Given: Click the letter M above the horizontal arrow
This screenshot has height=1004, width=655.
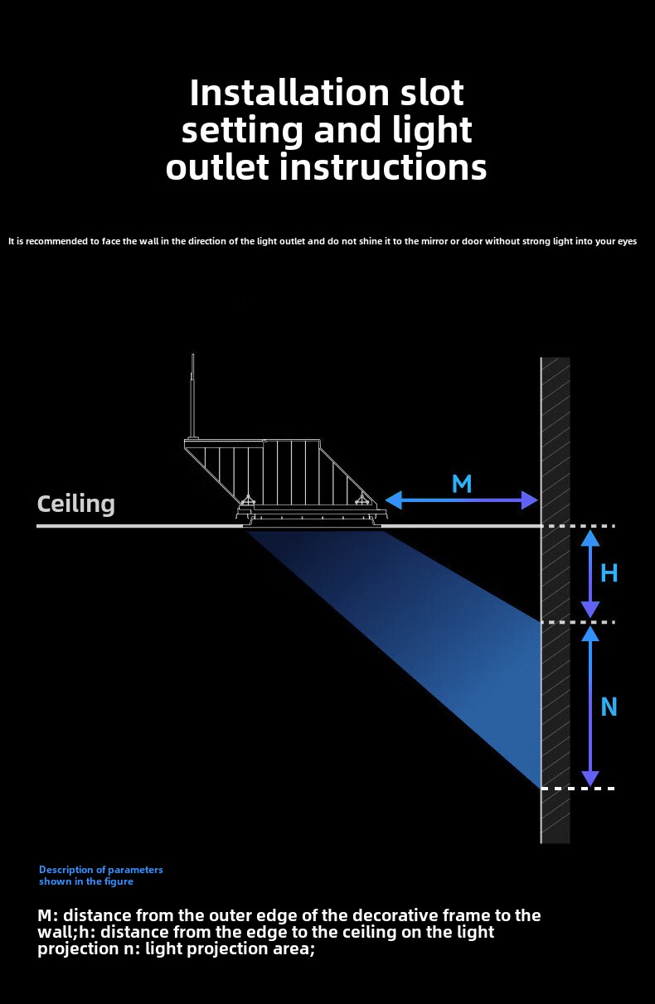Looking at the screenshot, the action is click(x=462, y=484).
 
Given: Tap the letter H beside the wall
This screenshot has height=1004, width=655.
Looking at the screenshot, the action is click(x=609, y=573).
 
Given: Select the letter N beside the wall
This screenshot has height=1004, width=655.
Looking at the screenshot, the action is click(x=609, y=707).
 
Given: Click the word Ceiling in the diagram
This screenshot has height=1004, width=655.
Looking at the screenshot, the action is click(x=75, y=504).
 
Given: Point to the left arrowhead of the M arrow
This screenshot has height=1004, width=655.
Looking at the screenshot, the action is click(x=394, y=500).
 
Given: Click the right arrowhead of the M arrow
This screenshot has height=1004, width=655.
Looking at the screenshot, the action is click(x=529, y=500).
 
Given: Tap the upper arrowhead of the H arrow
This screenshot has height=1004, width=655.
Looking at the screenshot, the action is click(x=590, y=538).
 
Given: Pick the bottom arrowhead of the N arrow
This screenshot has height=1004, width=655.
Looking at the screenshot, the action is click(x=590, y=779).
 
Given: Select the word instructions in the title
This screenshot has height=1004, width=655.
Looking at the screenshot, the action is click(x=383, y=167).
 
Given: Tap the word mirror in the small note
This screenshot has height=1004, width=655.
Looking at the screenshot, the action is click(x=434, y=241).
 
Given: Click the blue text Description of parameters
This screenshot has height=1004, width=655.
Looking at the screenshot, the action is click(x=101, y=870).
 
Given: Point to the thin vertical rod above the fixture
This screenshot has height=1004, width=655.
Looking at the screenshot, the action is click(x=193, y=395).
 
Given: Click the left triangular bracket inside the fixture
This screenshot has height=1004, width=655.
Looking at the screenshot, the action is click(x=248, y=500).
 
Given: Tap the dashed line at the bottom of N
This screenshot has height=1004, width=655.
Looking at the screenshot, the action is click(x=578, y=789).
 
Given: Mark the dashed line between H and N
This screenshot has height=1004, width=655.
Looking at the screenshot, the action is click(x=578, y=622).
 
